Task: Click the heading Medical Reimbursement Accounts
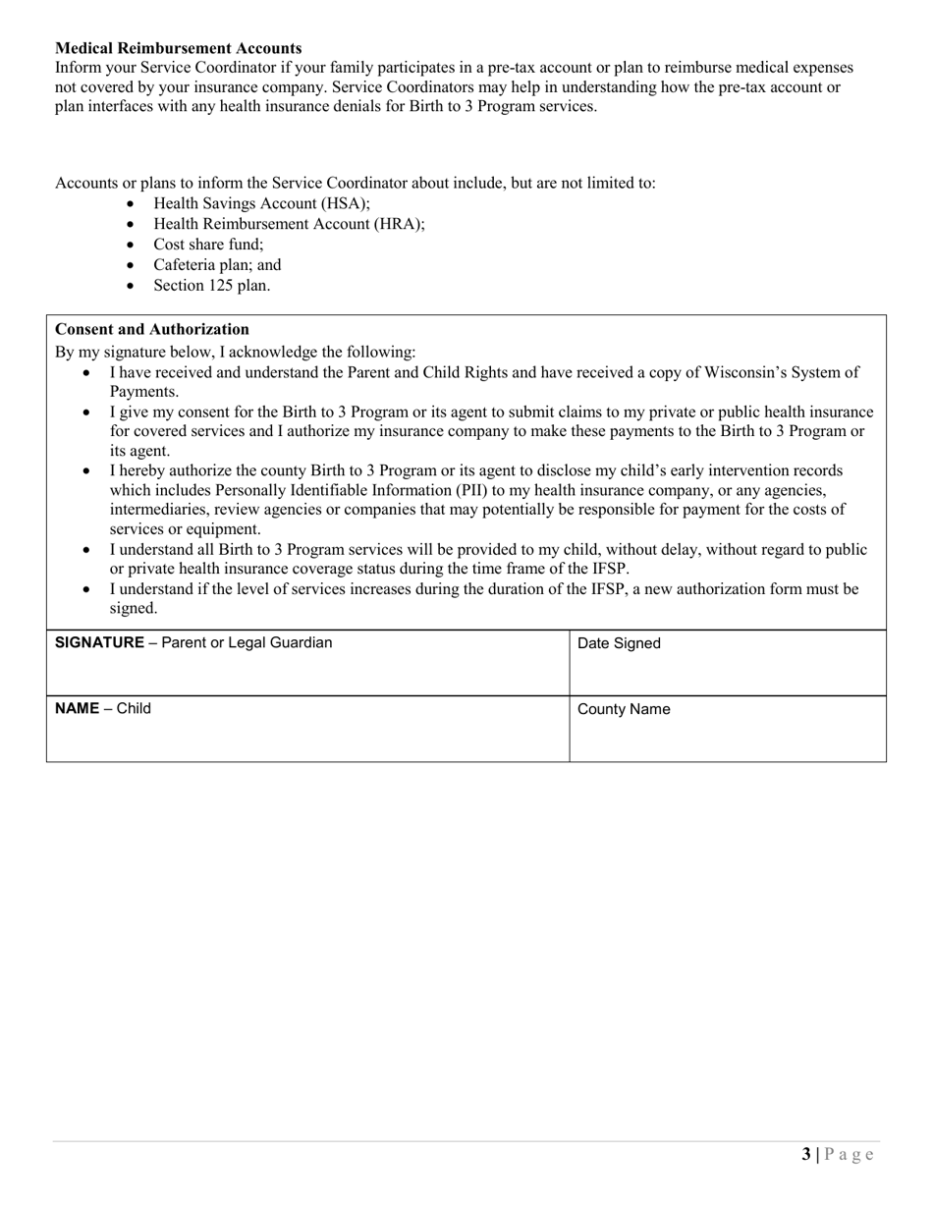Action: pos(178,48)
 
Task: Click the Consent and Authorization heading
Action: pos(152,329)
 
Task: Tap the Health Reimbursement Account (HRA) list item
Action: pos(289,224)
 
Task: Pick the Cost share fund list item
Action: pos(208,245)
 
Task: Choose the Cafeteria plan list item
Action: pos(217,265)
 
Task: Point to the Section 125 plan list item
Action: pos(211,286)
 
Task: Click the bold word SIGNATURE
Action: pos(99,643)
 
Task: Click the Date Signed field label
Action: pos(619,644)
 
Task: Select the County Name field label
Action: pos(624,710)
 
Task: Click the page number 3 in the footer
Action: pos(806,1155)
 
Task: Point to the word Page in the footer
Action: pos(850,1155)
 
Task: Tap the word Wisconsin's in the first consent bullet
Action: pos(743,372)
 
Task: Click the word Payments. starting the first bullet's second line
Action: pos(143,392)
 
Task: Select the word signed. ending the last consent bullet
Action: pos(134,609)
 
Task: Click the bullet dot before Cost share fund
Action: pos(133,246)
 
